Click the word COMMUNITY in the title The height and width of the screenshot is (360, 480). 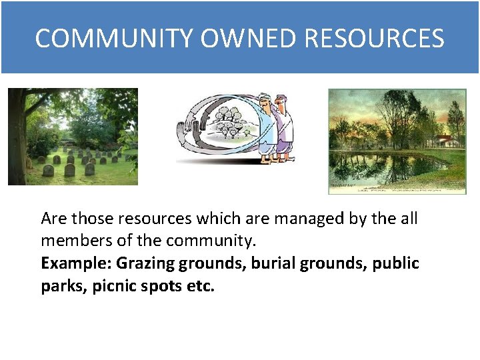point(114,39)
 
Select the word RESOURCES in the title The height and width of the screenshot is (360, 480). point(374,39)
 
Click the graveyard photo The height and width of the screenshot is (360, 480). point(73,137)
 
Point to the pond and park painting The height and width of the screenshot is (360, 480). point(397,141)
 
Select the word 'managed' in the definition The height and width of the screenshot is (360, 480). point(286,219)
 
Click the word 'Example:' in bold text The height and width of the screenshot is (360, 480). point(76,263)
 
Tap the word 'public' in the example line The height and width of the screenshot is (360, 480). point(396,263)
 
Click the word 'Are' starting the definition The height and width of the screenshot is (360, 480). point(54,219)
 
